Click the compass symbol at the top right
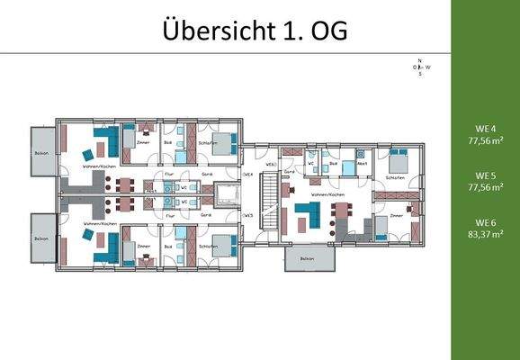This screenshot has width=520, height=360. click(x=420, y=67)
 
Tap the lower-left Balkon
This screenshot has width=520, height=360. click(x=41, y=238)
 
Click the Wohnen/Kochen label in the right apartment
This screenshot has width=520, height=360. click(x=327, y=194)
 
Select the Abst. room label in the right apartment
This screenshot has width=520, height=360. click(x=362, y=164)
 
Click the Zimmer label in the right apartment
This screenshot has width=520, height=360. click(x=396, y=217)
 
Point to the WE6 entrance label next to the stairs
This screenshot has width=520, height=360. click(x=270, y=166)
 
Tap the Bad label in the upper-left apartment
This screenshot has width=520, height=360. click(x=168, y=141)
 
